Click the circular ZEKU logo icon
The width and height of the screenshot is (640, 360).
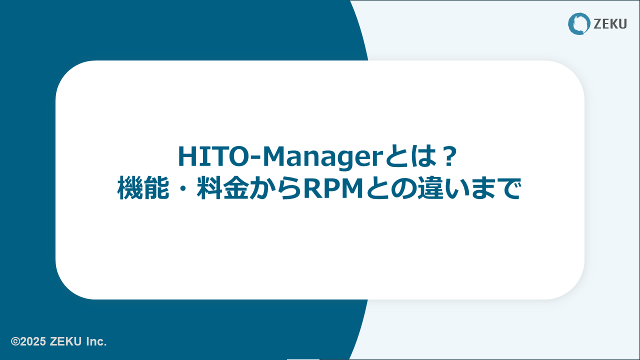tap(579, 23)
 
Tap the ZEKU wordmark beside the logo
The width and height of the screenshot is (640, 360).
tap(610, 24)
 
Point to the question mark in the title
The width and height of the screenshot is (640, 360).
tap(449, 156)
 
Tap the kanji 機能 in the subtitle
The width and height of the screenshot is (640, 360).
tap(143, 188)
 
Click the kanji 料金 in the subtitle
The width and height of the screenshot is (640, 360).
tap(222, 188)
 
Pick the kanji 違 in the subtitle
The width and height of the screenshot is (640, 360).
tap(430, 188)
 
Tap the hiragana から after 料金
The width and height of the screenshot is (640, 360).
tap(275, 188)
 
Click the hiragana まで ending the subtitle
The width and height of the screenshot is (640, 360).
tap(496, 188)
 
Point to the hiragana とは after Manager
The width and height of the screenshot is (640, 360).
tap(411, 156)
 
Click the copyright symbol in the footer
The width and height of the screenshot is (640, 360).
tap(15, 341)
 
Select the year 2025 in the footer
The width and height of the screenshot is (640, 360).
tap(33, 341)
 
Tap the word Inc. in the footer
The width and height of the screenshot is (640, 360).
tap(96, 341)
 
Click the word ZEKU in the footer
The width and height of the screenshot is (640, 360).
tap(65, 341)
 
